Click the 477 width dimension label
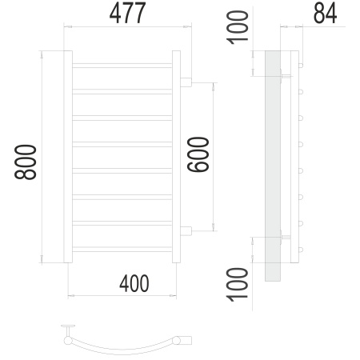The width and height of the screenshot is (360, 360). (x=127, y=13)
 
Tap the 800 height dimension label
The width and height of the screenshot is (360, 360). (x=26, y=162)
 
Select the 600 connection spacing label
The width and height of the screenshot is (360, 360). (x=198, y=154)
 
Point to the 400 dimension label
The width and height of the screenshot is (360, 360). (x=134, y=283)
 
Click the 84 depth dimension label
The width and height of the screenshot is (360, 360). (x=325, y=14)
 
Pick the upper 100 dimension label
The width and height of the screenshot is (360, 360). (x=237, y=27)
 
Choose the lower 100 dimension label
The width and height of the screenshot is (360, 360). (x=237, y=285)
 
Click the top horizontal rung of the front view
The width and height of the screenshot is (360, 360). (x=122, y=66)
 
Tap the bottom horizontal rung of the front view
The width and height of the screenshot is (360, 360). (x=122, y=250)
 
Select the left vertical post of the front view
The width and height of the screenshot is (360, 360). (x=68, y=157)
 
